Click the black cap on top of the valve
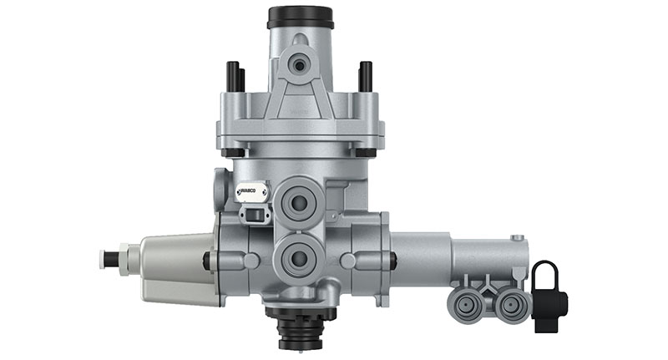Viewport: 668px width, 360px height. click(300, 17)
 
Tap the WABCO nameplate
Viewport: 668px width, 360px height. click(251, 191)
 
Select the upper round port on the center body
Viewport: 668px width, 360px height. click(298, 201)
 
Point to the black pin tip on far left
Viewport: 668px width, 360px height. click(105, 257)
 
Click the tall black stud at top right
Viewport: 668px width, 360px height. click(365, 77)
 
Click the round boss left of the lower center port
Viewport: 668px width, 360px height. click(250, 261)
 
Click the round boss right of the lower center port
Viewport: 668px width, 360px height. click(349, 261)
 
